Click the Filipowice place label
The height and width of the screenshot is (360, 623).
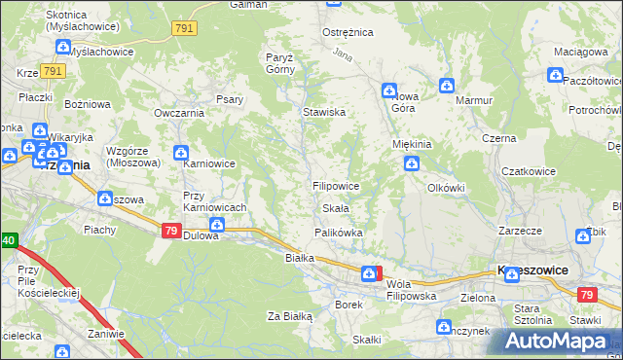pos(337,185)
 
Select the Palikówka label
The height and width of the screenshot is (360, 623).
pos(338,233)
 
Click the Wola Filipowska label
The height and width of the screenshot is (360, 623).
pos(410,289)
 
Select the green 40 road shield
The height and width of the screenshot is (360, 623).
pos(7,239)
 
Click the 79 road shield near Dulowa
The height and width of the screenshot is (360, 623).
pos(170,231)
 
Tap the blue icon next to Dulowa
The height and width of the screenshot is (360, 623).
pos(216,226)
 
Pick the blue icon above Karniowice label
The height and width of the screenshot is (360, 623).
pos(180,152)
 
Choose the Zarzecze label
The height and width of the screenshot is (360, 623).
pos(520,232)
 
